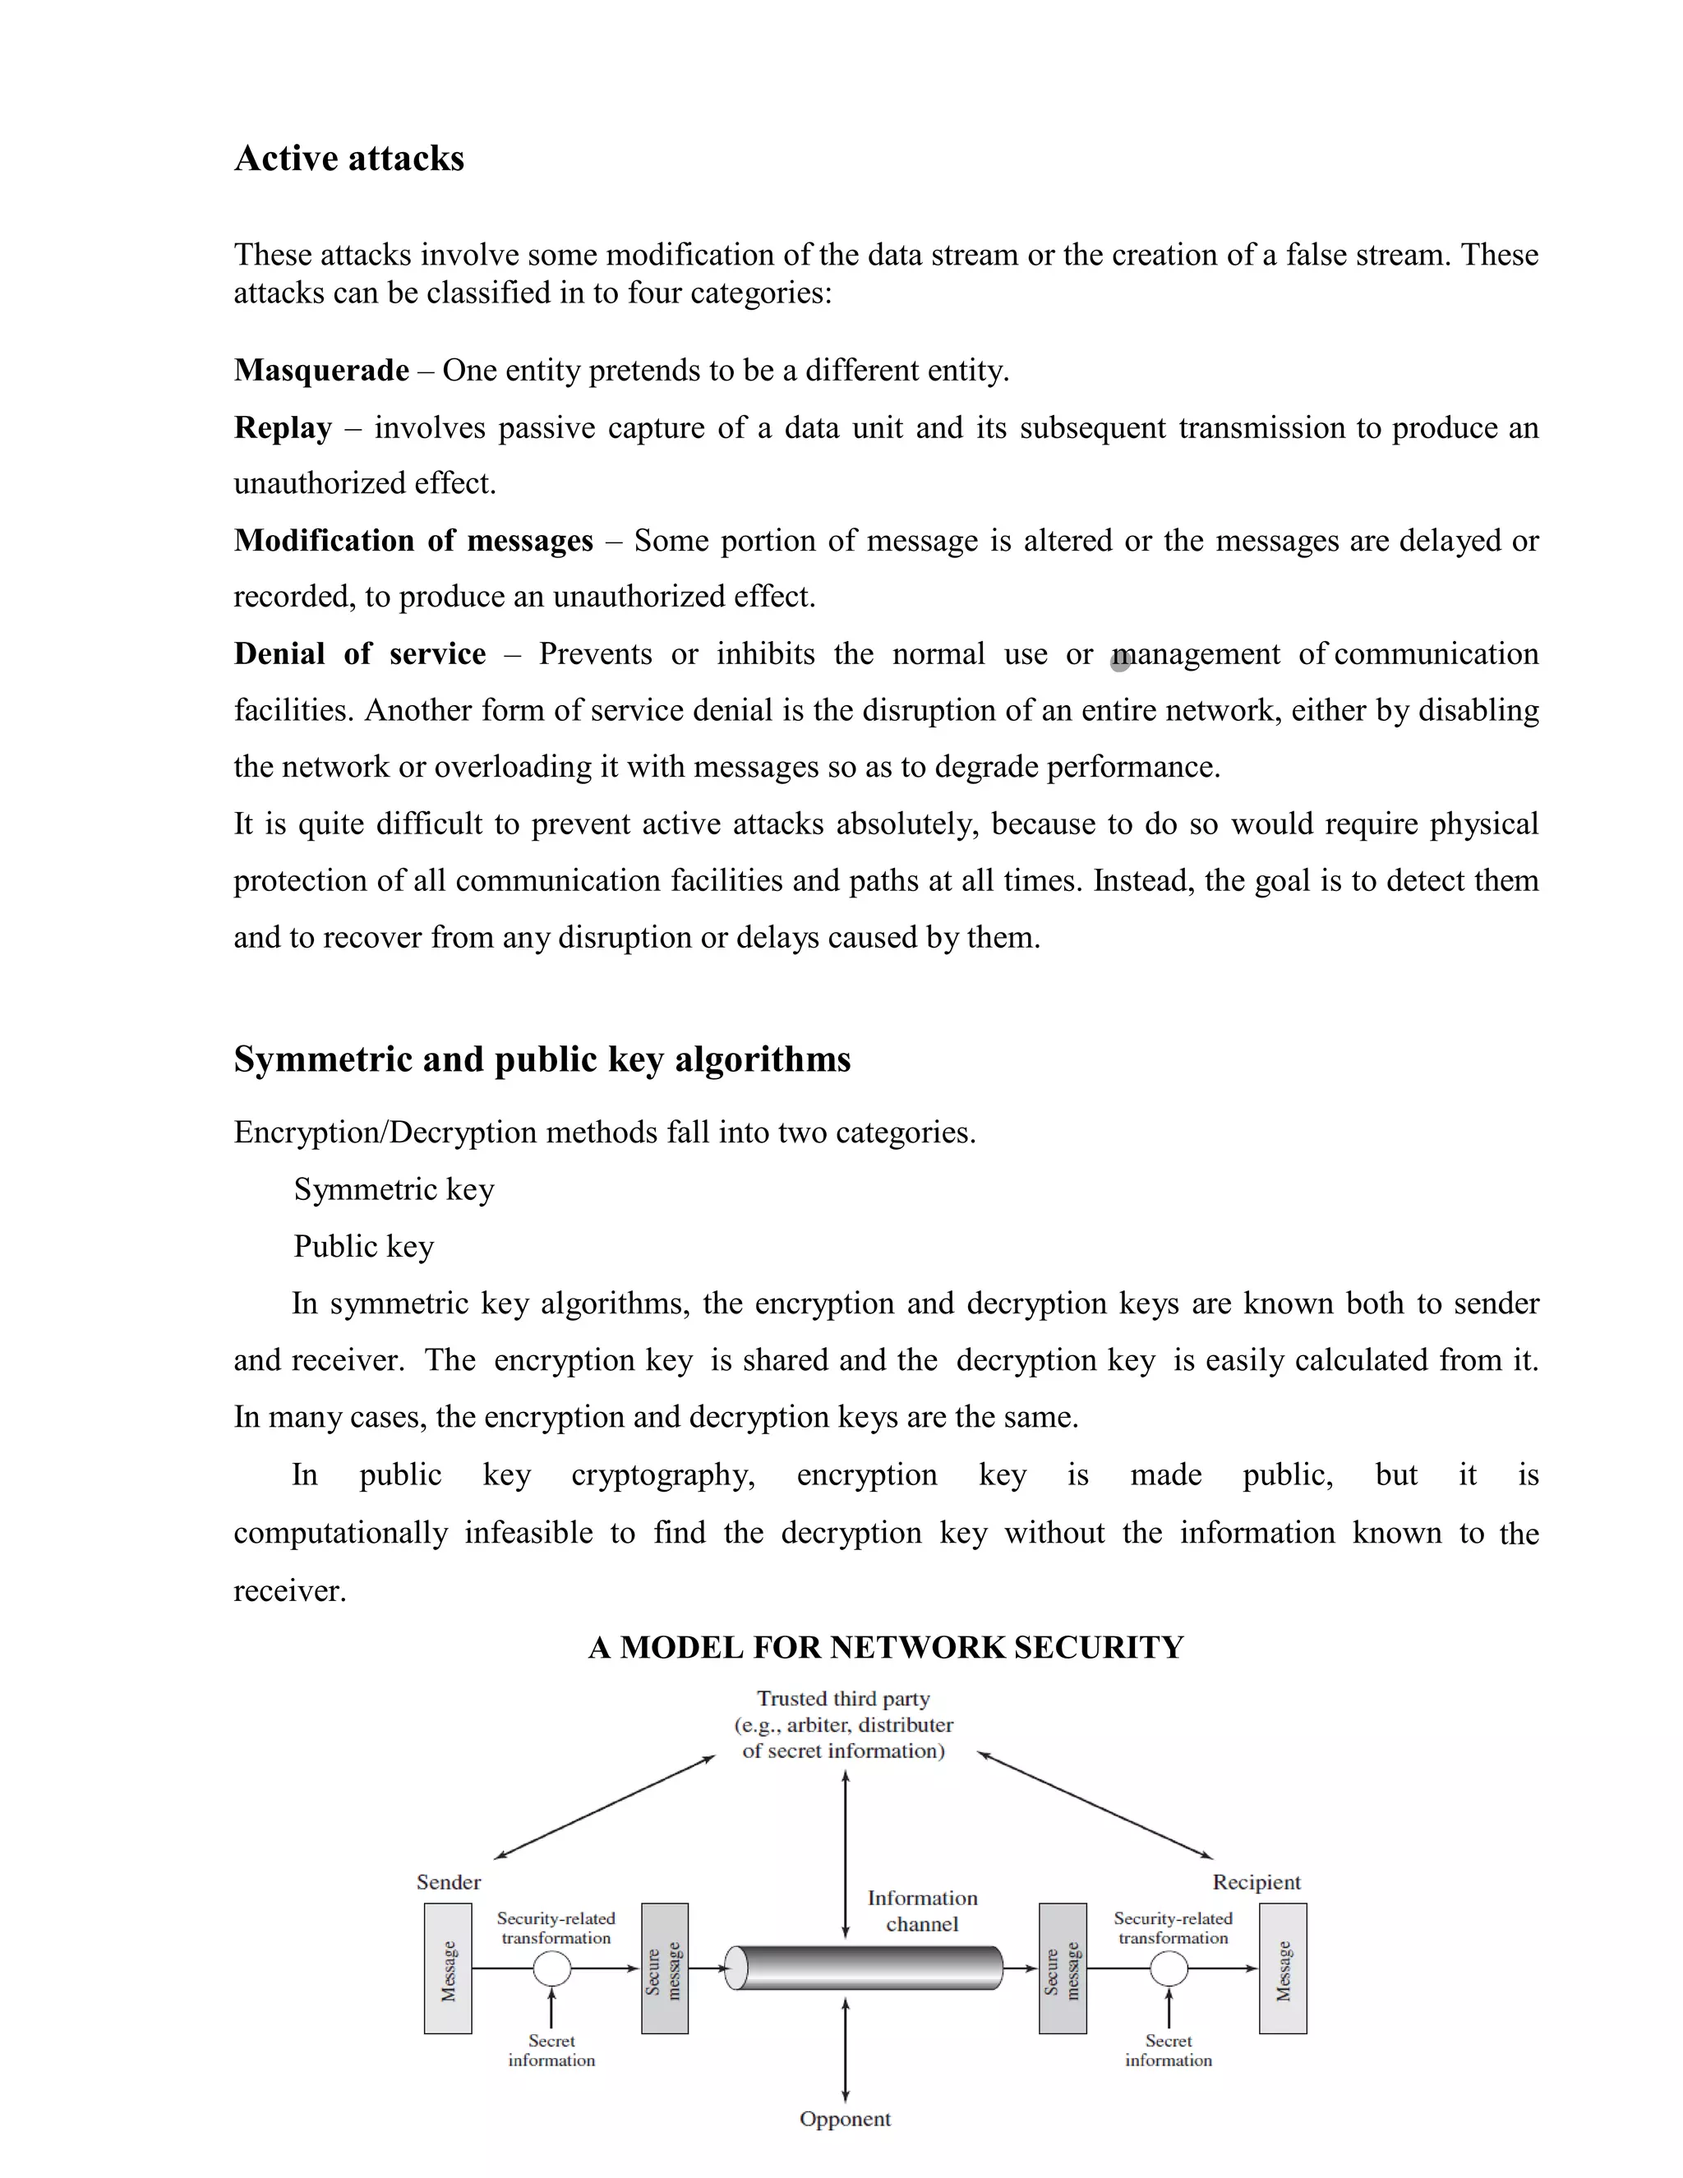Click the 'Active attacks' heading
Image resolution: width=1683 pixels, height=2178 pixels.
pos(349,159)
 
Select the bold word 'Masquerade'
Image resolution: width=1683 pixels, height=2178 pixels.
pos(321,370)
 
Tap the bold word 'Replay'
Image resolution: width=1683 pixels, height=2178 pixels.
pos(282,428)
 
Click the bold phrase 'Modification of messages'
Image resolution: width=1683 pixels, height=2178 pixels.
pos(413,541)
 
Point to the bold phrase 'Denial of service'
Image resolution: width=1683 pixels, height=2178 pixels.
pos(360,654)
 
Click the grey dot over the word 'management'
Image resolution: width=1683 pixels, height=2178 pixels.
pos(1121,661)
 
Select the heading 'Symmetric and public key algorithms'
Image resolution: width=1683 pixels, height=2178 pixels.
pos(542,1059)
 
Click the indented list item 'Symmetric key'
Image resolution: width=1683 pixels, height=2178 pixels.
pos(394,1190)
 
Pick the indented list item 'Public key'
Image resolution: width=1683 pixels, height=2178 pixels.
pos(364,1247)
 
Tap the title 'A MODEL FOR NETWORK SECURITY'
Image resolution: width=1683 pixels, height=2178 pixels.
pos(885,1647)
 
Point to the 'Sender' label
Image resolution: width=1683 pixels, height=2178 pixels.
pos(448,1882)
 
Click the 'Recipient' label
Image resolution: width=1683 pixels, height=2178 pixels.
pos(1256,1882)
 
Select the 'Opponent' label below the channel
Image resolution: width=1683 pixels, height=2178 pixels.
pos(845,2118)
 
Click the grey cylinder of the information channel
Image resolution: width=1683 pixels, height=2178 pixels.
pos(865,1968)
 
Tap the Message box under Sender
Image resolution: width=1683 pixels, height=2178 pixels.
pos(448,1968)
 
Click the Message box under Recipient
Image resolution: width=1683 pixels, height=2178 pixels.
pos(1282,1968)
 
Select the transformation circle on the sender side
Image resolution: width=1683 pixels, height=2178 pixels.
pos(551,1968)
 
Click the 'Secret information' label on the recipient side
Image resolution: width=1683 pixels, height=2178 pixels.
pos(1169,2051)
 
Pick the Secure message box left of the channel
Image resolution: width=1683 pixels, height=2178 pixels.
pos(664,1968)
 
